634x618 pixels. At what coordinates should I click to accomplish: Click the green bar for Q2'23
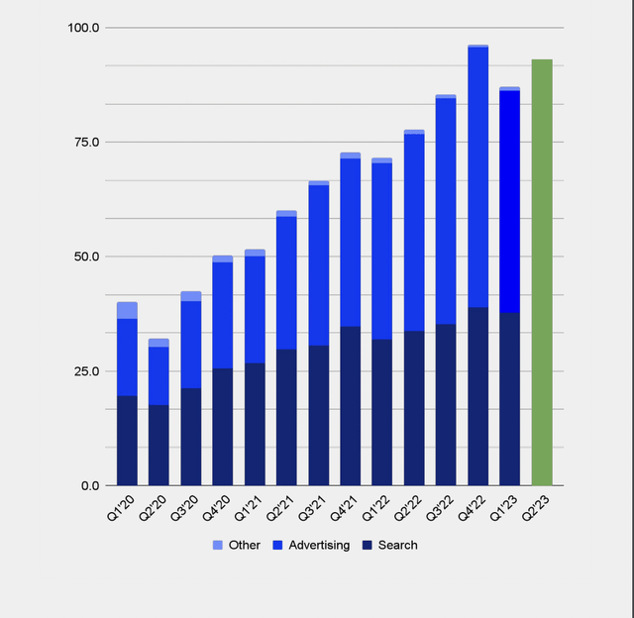[x=542, y=272]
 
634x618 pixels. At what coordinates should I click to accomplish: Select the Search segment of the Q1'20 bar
[x=127, y=441]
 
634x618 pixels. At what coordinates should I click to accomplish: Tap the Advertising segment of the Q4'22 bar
[x=477, y=178]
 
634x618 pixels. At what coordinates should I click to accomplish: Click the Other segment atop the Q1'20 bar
[x=127, y=310]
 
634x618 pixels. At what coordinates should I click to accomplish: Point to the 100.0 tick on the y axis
[x=83, y=28]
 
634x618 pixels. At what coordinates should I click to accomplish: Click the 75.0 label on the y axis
[x=86, y=143]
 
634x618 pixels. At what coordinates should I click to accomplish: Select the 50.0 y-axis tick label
[x=86, y=257]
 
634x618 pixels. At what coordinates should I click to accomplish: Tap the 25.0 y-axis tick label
[x=86, y=371]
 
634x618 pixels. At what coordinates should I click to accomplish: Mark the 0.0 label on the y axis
[x=89, y=486]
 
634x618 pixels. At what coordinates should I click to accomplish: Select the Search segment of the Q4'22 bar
[x=477, y=396]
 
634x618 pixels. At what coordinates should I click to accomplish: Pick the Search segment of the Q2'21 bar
[x=286, y=417]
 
